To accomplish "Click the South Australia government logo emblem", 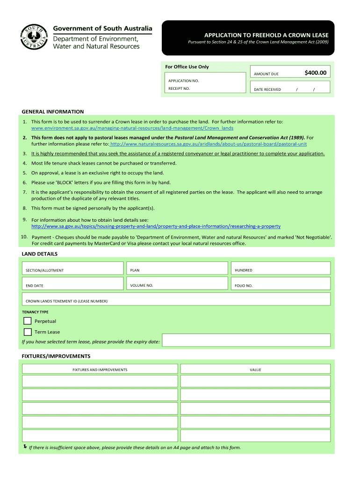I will click(34, 37).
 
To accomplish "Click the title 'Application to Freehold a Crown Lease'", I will click(266, 36).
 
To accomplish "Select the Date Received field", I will click(290, 87).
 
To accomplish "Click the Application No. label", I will click(184, 81).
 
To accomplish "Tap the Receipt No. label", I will click(179, 88).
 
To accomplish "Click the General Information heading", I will click(53, 112).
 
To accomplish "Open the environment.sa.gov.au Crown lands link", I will click(132, 128).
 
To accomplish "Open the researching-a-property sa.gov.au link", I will click(156, 226).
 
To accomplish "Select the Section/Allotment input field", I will click(73, 268).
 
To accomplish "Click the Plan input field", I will click(177, 268).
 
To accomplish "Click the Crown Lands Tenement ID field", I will click(176, 299).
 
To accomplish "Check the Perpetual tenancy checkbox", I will click(28, 321).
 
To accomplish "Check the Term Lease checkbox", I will click(28, 332).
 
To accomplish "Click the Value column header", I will click(255, 370).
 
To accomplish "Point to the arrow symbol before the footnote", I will click(25, 447).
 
